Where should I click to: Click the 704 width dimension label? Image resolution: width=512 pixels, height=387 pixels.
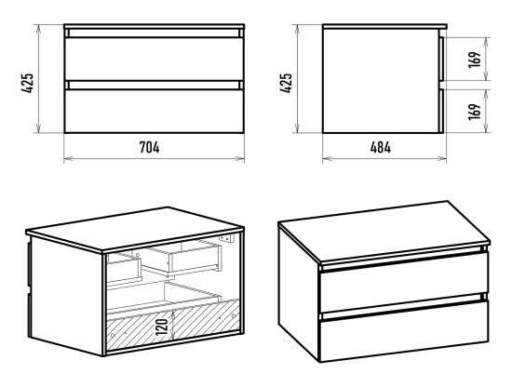(150, 147)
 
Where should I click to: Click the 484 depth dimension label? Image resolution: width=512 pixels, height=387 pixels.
(381, 147)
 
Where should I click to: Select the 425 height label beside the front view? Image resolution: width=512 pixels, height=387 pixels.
(28, 83)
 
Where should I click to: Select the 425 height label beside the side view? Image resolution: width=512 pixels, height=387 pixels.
(286, 83)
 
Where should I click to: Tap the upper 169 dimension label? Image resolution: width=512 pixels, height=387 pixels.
(475, 59)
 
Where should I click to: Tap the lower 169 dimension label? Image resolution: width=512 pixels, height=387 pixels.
(475, 112)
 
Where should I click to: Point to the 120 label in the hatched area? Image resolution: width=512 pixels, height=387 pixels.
(162, 327)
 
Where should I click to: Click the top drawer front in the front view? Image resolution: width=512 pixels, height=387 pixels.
(155, 59)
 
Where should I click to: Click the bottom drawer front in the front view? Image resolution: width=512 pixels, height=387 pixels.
(155, 111)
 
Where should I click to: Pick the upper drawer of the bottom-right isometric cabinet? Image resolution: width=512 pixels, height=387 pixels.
(404, 282)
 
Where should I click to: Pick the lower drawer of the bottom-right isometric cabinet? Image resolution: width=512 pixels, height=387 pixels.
(404, 331)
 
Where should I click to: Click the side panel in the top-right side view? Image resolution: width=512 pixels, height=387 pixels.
(381, 81)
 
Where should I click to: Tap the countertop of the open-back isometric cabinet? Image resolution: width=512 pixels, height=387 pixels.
(135, 229)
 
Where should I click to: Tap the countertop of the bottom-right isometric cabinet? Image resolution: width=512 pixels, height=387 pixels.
(384, 231)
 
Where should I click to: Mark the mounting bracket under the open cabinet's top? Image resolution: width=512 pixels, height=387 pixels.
(227, 238)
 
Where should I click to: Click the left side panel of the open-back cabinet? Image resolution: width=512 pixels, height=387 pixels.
(67, 295)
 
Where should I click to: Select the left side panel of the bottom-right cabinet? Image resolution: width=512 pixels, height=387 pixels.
(299, 291)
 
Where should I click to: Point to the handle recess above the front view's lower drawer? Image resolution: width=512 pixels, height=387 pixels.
(155, 86)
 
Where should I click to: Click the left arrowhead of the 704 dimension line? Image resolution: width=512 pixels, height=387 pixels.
(67, 159)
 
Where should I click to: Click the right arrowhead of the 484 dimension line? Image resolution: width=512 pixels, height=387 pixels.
(443, 159)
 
